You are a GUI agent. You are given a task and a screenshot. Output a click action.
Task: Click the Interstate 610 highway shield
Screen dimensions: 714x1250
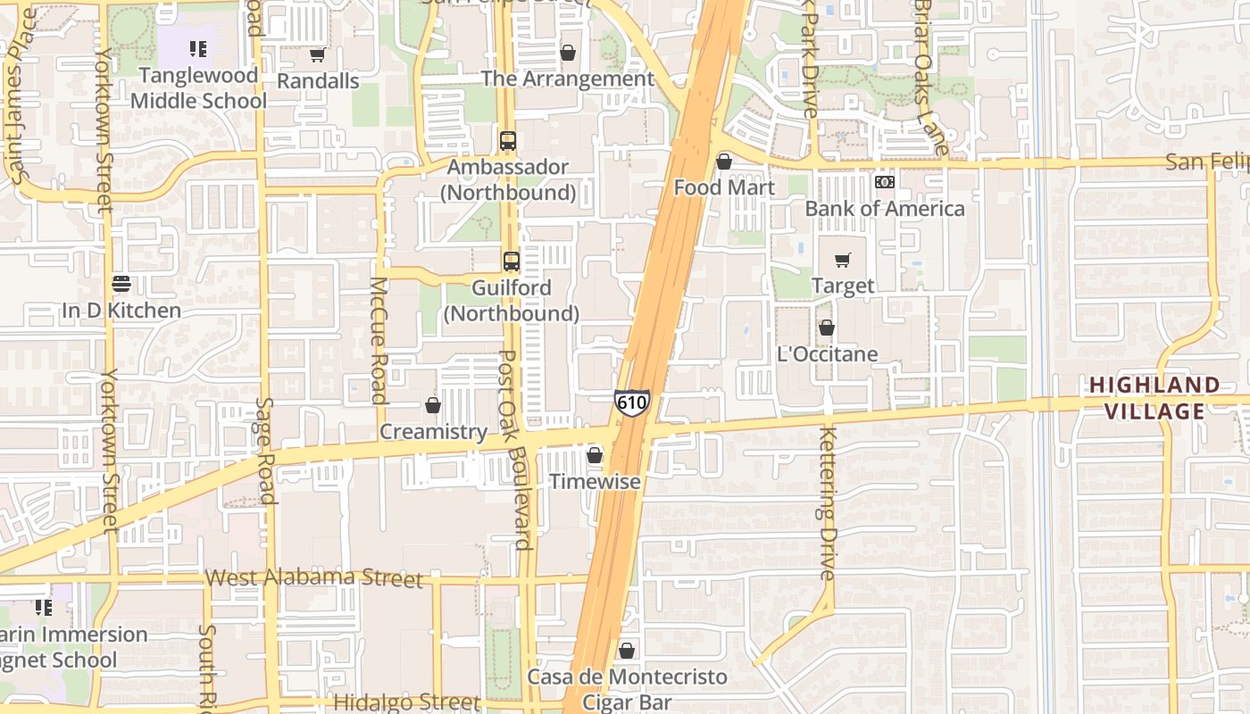coord(631,403)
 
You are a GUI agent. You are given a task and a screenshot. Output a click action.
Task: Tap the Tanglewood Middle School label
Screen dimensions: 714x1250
coord(198,88)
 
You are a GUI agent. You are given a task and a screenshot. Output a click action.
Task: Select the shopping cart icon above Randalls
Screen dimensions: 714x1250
coord(317,55)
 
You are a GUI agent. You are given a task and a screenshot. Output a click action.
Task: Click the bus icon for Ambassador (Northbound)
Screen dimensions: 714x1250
coord(508,141)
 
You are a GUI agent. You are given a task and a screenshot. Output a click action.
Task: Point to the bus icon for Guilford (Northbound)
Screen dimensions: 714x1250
coord(511,262)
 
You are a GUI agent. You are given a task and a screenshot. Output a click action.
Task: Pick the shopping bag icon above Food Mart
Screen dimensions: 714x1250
coord(724,162)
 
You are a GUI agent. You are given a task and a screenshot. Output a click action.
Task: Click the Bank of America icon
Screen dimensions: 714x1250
coord(885,182)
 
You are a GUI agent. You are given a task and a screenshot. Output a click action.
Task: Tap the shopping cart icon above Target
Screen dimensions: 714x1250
coord(842,261)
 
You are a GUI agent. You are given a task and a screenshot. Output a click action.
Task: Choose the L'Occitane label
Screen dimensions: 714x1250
coord(827,354)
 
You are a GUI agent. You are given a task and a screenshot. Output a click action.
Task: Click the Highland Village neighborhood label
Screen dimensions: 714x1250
coord(1154,398)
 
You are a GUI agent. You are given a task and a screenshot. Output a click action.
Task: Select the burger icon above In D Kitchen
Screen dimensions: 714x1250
coord(121,284)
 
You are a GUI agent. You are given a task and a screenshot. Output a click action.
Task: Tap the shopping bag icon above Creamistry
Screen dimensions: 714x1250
coord(433,406)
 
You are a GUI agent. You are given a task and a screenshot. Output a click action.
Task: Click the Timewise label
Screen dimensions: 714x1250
coord(595,482)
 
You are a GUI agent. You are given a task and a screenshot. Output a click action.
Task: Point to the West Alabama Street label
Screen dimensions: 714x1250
coord(313,577)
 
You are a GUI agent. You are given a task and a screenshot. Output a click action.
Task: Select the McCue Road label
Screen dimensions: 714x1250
coord(379,340)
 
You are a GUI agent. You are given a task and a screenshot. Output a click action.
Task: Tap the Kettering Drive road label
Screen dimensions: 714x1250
coord(827,504)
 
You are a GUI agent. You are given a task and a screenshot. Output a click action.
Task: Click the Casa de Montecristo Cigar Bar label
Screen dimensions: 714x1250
coord(627,689)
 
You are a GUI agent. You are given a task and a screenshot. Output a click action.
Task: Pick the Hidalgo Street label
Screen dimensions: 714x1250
coord(406,702)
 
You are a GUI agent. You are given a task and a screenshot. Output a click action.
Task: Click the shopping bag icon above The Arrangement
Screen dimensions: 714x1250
coord(568,54)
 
